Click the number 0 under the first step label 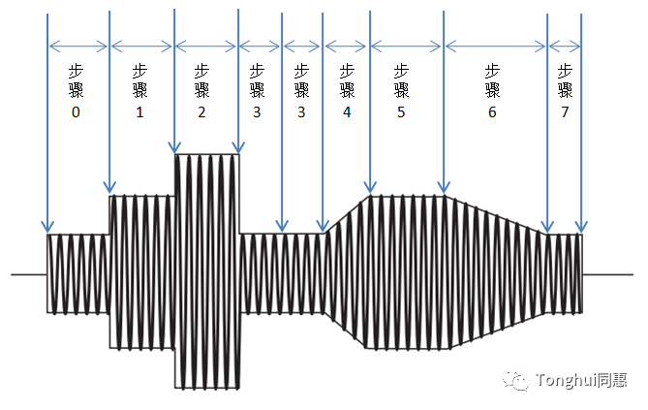point(76,112)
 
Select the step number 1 point(139,112)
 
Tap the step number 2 point(201,112)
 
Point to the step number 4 point(347,112)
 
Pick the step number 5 point(401,112)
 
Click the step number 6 point(492,112)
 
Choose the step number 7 point(565,112)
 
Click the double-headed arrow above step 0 point(78,46)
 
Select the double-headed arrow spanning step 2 point(205,46)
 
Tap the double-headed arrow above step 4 point(346,46)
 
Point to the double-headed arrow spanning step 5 point(406,46)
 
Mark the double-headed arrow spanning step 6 point(496,46)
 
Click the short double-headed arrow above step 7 point(565,46)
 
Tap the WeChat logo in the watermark point(515,379)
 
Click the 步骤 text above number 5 point(401,80)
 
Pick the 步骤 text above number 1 point(139,80)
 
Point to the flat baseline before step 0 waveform point(29,274)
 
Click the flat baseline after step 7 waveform point(607,274)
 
